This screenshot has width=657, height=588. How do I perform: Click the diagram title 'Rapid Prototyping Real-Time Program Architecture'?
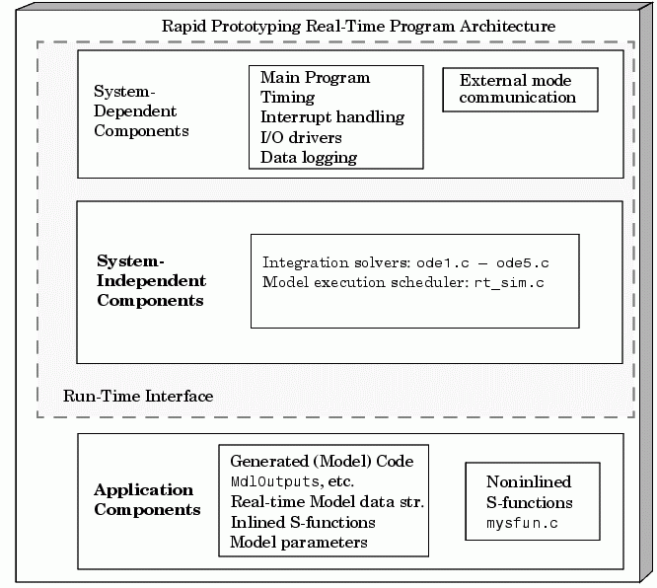click(x=359, y=27)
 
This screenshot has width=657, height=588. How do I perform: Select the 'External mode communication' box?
click(x=520, y=90)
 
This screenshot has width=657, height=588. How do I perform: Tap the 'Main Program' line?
click(x=315, y=78)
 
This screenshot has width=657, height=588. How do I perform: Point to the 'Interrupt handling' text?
click(x=332, y=117)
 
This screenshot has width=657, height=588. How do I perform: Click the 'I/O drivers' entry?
click(x=301, y=137)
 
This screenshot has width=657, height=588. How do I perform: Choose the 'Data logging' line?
click(x=309, y=158)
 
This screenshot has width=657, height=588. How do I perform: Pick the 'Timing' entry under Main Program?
click(x=287, y=98)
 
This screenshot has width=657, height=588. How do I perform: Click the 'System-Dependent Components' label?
click(x=141, y=110)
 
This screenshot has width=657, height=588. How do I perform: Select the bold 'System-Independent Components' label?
click(x=151, y=280)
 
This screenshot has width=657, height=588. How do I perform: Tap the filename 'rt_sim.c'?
click(x=509, y=283)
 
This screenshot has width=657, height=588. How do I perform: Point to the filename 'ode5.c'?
click(x=523, y=263)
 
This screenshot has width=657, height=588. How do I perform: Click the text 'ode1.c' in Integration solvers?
click(x=443, y=263)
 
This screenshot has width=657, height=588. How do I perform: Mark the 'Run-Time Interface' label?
click(x=138, y=396)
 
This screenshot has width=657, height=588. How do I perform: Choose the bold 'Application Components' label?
click(x=147, y=499)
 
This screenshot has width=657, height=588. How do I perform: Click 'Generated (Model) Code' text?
click(x=322, y=462)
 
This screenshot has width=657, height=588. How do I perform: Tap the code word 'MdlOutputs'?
click(x=275, y=481)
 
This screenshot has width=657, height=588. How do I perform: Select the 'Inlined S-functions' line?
click(x=303, y=522)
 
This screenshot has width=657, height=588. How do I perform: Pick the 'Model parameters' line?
click(x=299, y=543)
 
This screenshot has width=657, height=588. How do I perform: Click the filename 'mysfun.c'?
click(x=522, y=524)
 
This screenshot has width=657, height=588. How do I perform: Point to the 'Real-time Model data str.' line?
click(x=328, y=502)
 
